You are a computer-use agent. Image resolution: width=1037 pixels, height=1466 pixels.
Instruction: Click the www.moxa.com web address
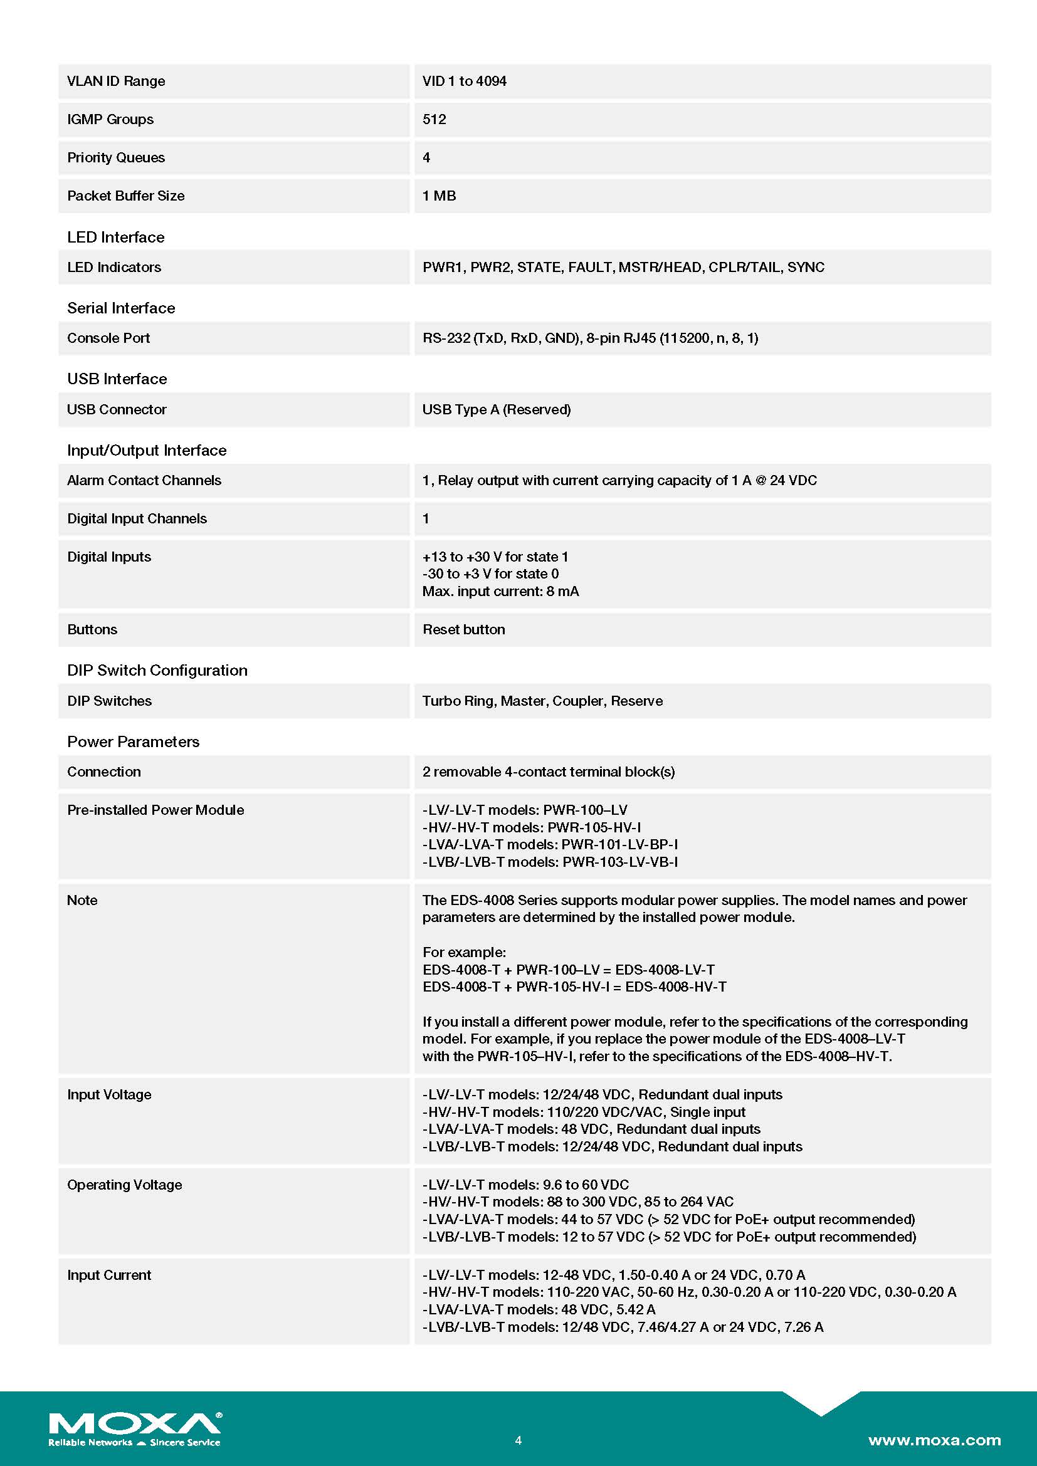tap(934, 1440)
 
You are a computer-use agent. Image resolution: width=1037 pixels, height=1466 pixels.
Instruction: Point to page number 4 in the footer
tap(518, 1440)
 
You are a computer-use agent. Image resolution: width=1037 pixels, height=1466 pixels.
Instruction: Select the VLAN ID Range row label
tap(115, 81)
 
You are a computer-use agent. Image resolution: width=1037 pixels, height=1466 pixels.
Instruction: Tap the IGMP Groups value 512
tap(434, 120)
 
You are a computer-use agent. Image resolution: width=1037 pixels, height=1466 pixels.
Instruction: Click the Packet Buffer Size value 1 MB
tap(440, 196)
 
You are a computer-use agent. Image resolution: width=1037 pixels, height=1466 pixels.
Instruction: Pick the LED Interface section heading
tap(115, 238)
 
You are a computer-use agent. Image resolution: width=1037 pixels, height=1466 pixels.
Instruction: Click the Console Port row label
tap(108, 338)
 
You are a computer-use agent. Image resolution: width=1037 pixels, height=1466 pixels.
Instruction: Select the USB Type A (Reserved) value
tap(496, 409)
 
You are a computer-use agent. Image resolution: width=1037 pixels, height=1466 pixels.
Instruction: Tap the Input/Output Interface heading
tap(147, 450)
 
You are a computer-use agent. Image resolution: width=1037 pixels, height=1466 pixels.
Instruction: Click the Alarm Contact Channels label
tap(144, 480)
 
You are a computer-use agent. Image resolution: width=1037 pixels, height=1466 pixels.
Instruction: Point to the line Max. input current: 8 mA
tap(500, 591)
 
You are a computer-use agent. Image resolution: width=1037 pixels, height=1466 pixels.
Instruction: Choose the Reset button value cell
tap(463, 629)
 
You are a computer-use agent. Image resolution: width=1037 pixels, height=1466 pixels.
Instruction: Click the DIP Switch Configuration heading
tap(157, 671)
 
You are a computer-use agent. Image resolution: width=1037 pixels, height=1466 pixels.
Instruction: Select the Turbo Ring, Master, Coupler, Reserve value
tap(542, 701)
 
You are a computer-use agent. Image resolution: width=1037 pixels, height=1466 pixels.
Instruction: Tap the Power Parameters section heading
tap(133, 741)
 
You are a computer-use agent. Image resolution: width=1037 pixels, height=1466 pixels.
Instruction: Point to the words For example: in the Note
tap(463, 952)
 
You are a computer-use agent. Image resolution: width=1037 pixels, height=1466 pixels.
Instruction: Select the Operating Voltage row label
tap(125, 1185)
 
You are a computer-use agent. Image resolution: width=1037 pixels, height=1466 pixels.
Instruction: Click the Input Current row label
tap(109, 1275)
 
